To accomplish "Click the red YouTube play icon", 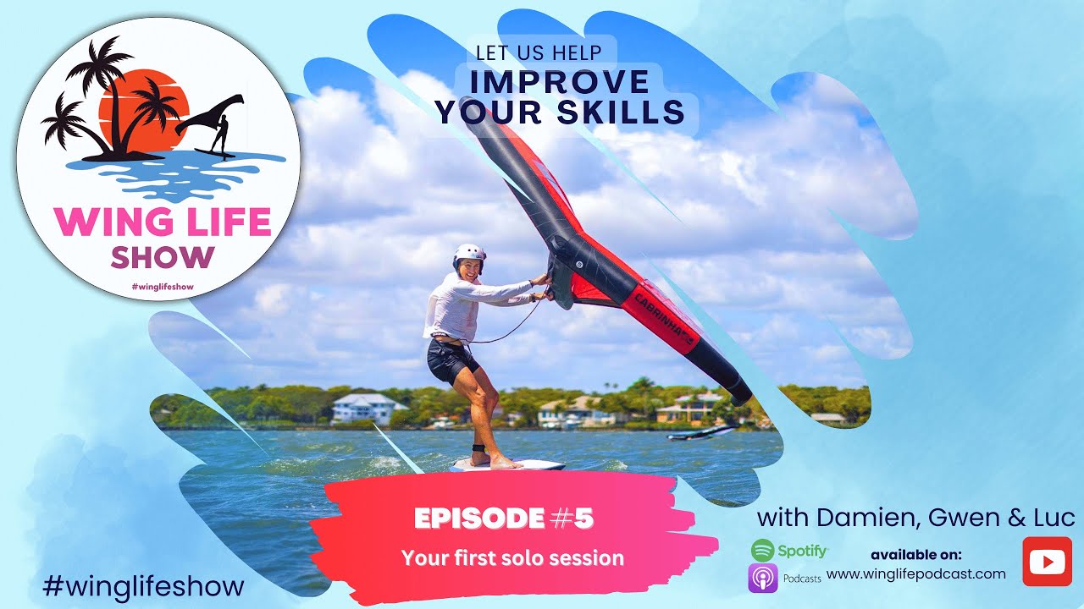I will click(1047, 562).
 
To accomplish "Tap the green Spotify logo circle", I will click(762, 550).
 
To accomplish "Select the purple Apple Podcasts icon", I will click(762, 579).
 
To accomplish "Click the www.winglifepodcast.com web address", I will click(916, 574).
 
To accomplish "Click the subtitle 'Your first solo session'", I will click(512, 558).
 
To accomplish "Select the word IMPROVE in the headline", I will click(559, 82).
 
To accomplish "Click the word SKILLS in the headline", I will click(626, 112).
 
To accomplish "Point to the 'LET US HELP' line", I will click(539, 52).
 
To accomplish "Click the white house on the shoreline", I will click(368, 409).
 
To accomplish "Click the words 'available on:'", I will click(916, 555).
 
